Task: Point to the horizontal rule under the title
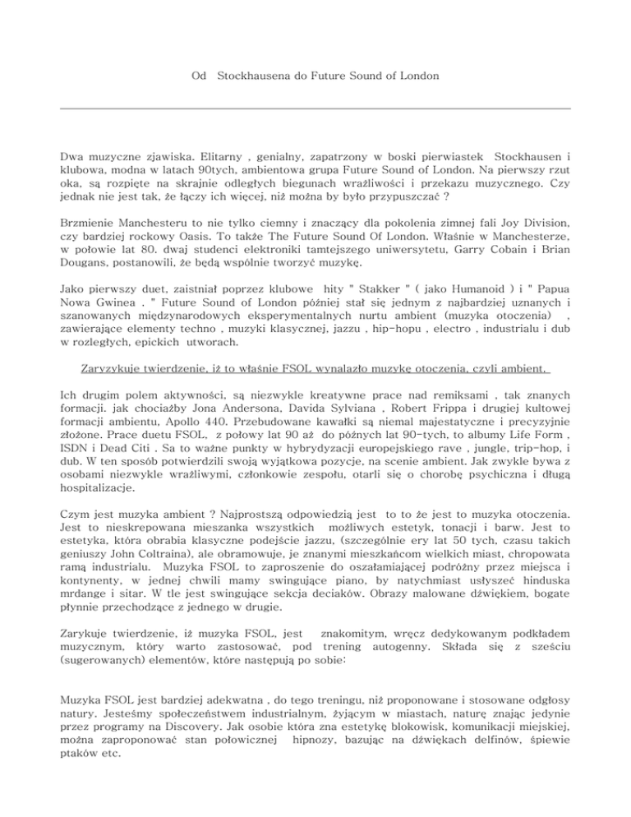tap(315, 108)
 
